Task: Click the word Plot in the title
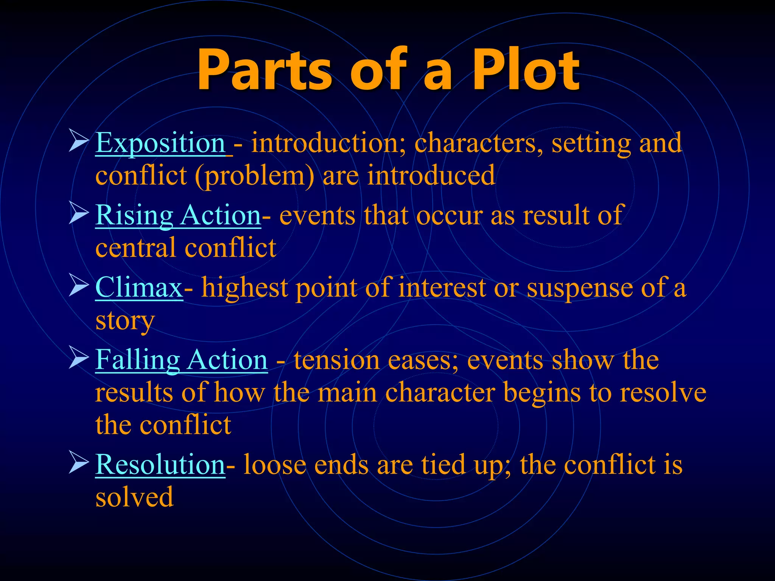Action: click(526, 70)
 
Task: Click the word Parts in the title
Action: click(265, 70)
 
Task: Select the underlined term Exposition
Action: click(160, 143)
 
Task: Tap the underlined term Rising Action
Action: click(178, 216)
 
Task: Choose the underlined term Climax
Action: click(139, 288)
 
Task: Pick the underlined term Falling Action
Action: click(181, 360)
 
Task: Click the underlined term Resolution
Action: click(160, 465)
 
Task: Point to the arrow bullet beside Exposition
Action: click(78, 141)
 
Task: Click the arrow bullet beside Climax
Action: click(78, 286)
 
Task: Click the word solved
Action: click(134, 498)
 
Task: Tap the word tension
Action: click(337, 360)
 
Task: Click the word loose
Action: click(275, 465)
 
